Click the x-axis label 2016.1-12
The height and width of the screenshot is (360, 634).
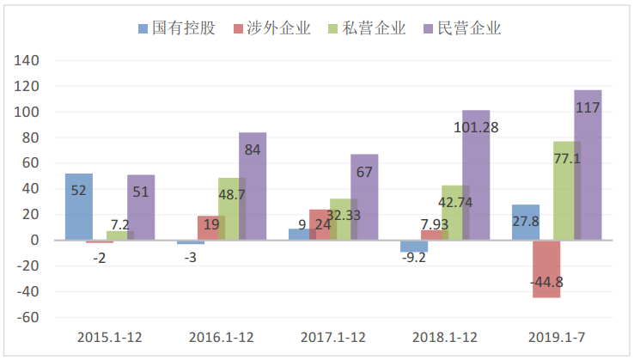tap(222, 338)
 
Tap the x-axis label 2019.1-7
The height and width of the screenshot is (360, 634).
tap(558, 338)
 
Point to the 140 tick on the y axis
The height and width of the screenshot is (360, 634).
tap(28, 61)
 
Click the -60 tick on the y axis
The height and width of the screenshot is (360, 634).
tap(28, 317)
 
